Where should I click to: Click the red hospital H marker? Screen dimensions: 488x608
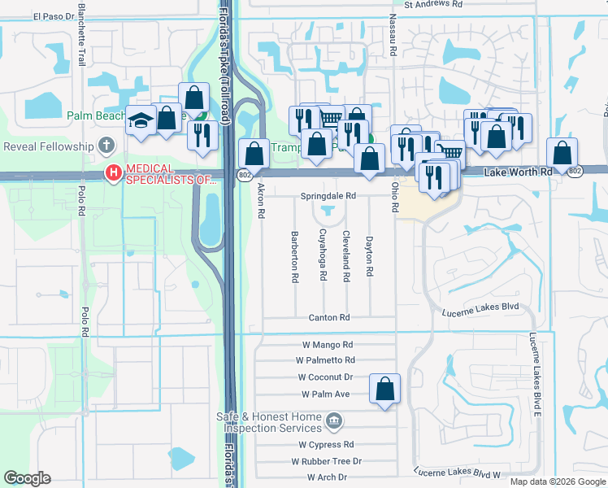click(x=114, y=173)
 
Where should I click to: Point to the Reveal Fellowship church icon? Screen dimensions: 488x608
click(x=106, y=146)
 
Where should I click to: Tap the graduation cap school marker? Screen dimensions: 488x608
click(x=141, y=121)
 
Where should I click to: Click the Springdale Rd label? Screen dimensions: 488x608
click(x=328, y=196)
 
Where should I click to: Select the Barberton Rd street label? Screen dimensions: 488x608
click(x=294, y=256)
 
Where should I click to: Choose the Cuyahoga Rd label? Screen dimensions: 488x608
click(x=322, y=254)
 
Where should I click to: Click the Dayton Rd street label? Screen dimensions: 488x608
click(x=369, y=255)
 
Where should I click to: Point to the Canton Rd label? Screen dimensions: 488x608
click(x=329, y=317)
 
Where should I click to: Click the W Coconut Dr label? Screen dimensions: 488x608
click(x=325, y=377)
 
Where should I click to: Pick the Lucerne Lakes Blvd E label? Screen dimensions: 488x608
click(x=535, y=370)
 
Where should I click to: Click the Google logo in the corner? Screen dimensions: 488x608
click(x=28, y=478)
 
